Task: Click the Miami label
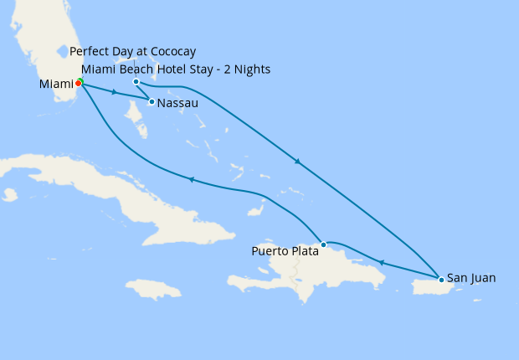coord(55,84)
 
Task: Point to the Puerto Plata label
coord(285,250)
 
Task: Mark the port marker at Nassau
coord(152,102)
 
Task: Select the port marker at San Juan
coord(440,278)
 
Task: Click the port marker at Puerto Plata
coord(324,244)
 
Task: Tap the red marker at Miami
coord(78,83)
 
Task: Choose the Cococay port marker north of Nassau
coord(136,82)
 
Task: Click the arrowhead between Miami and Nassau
coord(114,91)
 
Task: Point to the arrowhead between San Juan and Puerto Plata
coord(381,262)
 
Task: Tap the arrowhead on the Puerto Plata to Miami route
coord(191,179)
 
